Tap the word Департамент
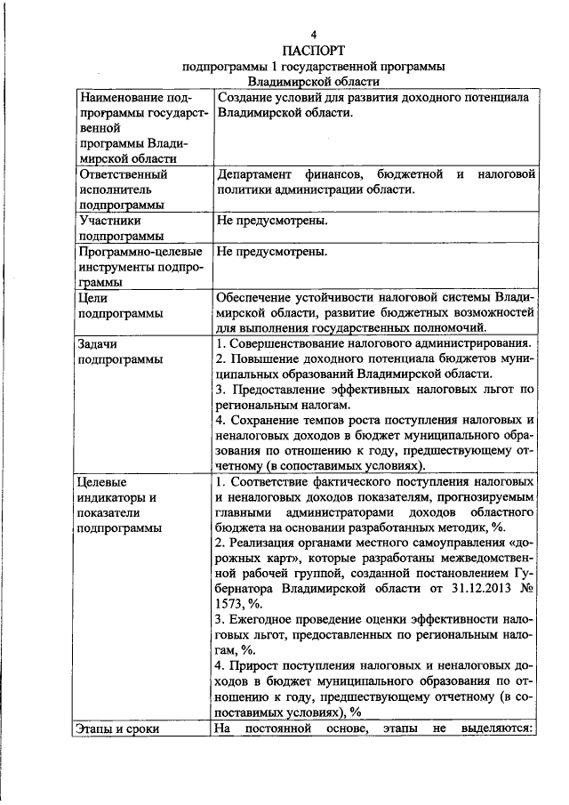point(257,174)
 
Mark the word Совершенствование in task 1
point(301,344)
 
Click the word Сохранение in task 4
point(270,420)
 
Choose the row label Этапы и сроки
point(120,729)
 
